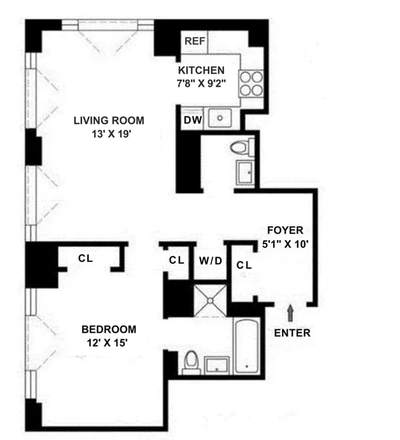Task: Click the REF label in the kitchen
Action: tap(194, 41)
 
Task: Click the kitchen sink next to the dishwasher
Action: tap(219, 118)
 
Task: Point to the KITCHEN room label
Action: tap(201, 70)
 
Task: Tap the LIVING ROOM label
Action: tap(108, 120)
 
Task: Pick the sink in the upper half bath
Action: tap(245, 173)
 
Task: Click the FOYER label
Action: tap(285, 230)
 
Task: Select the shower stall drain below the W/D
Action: tap(210, 301)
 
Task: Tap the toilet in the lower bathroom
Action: tap(191, 362)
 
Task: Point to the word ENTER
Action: tap(292, 332)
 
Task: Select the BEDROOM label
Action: tap(109, 329)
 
